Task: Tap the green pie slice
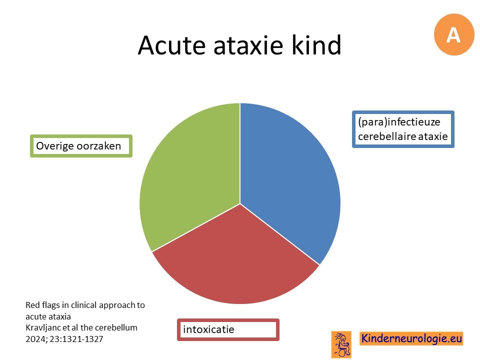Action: pyautogui.click(x=190, y=171)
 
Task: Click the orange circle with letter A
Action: pyautogui.click(x=454, y=34)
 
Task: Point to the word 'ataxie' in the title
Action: pyautogui.click(x=248, y=45)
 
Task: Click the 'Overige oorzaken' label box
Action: pyautogui.click(x=81, y=146)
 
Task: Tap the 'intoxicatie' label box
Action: pyautogui.click(x=228, y=329)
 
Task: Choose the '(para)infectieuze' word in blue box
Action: pyautogui.click(x=399, y=122)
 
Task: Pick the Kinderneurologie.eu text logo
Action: pyautogui.click(x=411, y=338)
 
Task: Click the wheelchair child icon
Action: pyautogui.click(x=341, y=344)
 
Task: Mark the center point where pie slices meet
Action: pyautogui.click(x=240, y=204)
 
